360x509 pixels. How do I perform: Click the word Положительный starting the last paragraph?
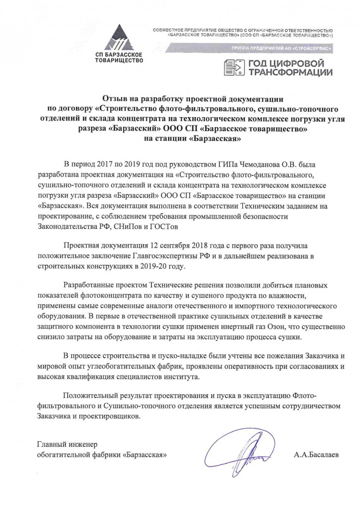92,396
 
